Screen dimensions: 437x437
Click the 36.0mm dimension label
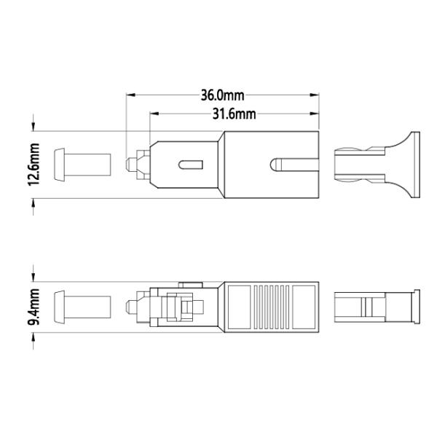pos(222,95)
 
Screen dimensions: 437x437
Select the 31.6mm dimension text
pos(234,114)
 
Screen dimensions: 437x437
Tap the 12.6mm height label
pos(34,165)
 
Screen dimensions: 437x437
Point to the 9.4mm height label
pos(34,307)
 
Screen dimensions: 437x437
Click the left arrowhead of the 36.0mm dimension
pos(130,95)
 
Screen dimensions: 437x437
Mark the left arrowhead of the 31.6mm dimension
pos(154,114)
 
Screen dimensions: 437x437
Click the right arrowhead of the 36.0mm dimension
pos(315,95)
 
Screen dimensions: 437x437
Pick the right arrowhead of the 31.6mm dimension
pos(315,114)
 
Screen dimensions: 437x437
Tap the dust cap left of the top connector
pos(82,165)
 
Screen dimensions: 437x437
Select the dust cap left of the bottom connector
pos(82,307)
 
